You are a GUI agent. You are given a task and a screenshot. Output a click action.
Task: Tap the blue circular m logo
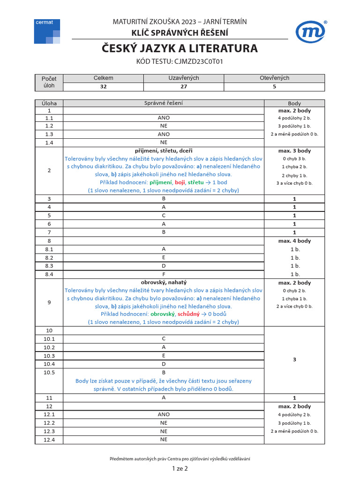pos(311,31)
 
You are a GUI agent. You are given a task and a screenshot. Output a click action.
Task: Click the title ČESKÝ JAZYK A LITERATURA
pos(180,48)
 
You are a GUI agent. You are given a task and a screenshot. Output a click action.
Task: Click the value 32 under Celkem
pos(103,87)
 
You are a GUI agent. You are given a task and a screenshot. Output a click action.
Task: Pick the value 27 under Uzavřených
pos(184,87)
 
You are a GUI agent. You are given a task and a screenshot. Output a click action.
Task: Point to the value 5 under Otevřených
pos(274,87)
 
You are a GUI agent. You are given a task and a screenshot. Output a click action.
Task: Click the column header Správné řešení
pos(164,103)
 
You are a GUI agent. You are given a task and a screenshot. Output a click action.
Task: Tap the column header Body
pos(294,103)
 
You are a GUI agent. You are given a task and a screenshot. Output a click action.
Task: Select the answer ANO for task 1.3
pos(164,134)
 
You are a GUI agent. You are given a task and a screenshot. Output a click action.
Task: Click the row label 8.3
pos(49,266)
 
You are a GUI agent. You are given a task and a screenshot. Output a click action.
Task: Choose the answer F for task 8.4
pos(164,274)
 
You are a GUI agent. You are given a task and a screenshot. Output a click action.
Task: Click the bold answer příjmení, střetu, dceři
pos(164,151)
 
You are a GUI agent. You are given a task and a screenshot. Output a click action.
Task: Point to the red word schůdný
pos(189,314)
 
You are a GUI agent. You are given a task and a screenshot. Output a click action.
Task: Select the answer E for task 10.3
pos(164,355)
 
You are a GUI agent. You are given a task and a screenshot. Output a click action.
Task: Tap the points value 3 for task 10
pos(294,360)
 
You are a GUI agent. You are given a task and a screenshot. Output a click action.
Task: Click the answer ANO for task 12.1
pos(164,414)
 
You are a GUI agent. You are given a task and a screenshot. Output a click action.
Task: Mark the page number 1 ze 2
pos(180,468)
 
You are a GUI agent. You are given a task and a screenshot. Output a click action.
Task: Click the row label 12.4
pos(49,440)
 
